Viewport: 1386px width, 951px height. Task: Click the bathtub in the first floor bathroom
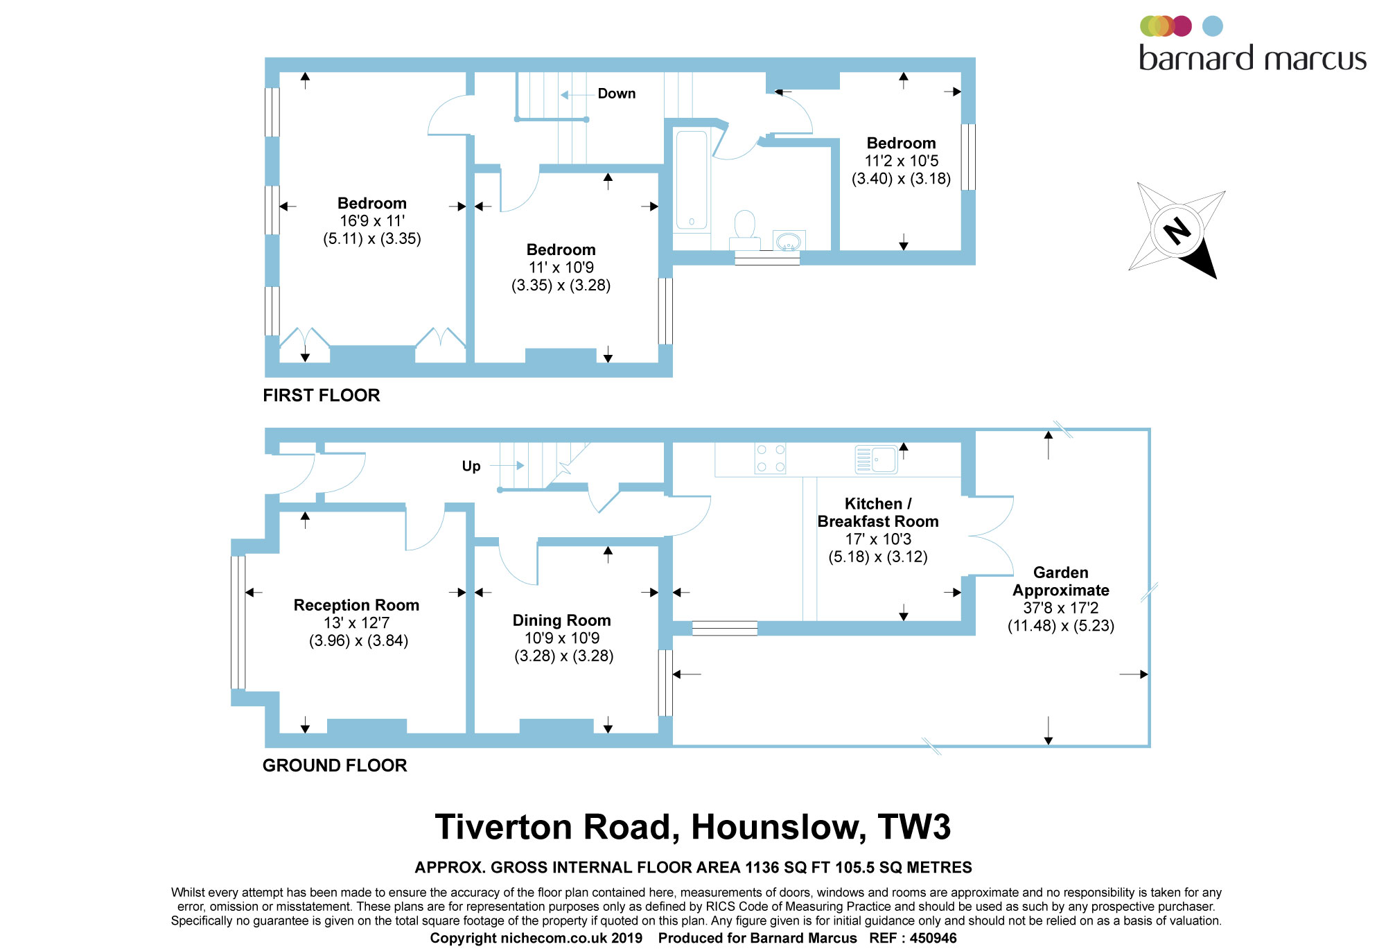pyautogui.click(x=692, y=180)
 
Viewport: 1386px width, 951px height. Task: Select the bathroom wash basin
pyautogui.click(x=789, y=241)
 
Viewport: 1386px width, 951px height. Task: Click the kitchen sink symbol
pyautogui.click(x=876, y=460)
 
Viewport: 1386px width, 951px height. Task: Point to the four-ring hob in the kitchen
pyautogui.click(x=770, y=458)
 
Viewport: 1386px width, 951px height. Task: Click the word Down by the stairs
pyautogui.click(x=617, y=94)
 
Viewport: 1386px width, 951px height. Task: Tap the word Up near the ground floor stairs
pyautogui.click(x=471, y=466)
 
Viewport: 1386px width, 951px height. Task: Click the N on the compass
pyautogui.click(x=1177, y=231)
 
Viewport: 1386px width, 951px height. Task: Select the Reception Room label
pyautogui.click(x=356, y=605)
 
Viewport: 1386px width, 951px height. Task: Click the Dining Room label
pyautogui.click(x=561, y=620)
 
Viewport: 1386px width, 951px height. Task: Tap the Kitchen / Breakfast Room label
pyautogui.click(x=878, y=512)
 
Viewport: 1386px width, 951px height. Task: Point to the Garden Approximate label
pyautogui.click(x=1061, y=582)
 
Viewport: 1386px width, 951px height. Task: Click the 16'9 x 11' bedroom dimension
pyautogui.click(x=372, y=221)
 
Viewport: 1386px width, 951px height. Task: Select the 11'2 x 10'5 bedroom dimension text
pyautogui.click(x=901, y=161)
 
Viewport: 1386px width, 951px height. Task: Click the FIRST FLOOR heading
pyautogui.click(x=322, y=395)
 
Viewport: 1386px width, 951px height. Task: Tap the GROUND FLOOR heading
pyautogui.click(x=335, y=765)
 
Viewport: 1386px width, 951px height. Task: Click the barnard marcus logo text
pyautogui.click(x=1253, y=58)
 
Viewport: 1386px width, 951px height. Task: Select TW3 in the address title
pyautogui.click(x=914, y=827)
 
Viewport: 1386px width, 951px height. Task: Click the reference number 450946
pyautogui.click(x=933, y=938)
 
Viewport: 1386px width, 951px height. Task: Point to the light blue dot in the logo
pyautogui.click(x=1212, y=26)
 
